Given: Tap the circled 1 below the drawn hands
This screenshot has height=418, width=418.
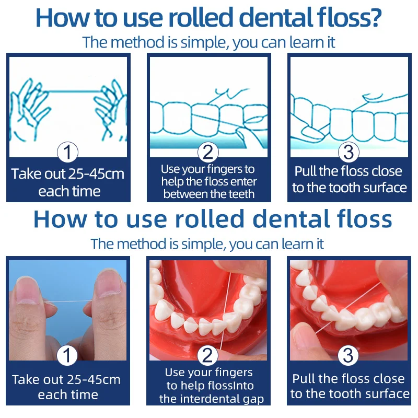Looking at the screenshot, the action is coord(67,153).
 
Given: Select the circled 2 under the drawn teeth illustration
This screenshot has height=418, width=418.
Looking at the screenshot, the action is coord(208,153).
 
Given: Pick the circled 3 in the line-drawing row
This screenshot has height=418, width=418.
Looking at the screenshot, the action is coord(349,153).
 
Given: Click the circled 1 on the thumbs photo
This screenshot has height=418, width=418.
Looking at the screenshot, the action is coord(67,356).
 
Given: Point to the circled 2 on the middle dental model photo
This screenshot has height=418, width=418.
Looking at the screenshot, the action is coord(208,356).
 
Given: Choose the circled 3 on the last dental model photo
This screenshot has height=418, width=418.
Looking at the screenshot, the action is coord(349,356).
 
